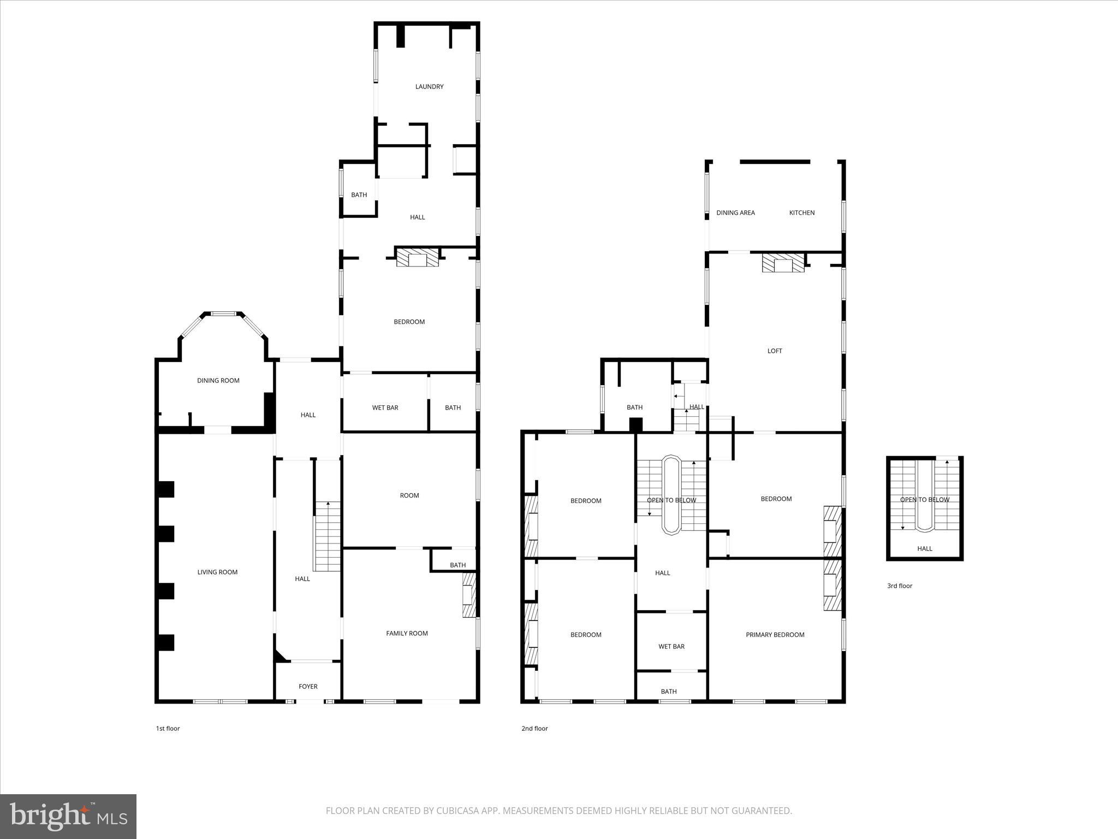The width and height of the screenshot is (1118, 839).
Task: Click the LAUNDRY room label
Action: point(429,86)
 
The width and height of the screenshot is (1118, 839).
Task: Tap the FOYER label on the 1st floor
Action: point(308,687)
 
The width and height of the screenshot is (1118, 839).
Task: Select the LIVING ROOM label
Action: point(217,572)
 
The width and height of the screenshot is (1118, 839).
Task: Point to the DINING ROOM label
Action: point(218,380)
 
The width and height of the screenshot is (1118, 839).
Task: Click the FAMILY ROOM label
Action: point(407,633)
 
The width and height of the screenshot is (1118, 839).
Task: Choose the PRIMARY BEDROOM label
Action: point(775,635)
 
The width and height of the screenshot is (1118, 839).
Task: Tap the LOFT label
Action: point(775,351)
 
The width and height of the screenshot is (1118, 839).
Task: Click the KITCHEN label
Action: point(802,212)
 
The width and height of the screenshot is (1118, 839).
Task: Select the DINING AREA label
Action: point(735,212)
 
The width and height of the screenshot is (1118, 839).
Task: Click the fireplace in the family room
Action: point(469,595)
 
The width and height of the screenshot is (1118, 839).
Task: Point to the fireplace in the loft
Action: point(783,263)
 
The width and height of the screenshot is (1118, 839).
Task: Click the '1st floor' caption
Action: point(168,728)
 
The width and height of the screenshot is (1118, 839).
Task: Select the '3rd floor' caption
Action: point(900,586)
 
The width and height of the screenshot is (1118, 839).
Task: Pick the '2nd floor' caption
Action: point(534,728)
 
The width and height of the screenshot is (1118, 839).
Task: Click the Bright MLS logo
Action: point(68,816)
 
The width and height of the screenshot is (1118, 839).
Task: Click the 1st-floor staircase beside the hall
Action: point(327,536)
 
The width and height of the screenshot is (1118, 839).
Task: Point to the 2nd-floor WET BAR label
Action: point(671,646)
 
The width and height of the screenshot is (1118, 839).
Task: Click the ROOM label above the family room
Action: point(409,495)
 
